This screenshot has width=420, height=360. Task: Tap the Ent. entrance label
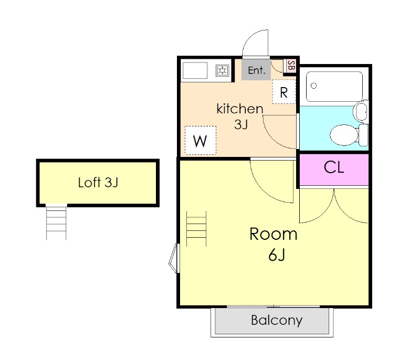click(256, 70)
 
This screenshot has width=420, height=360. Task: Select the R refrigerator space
click(284, 92)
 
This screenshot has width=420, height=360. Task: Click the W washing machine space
click(201, 141)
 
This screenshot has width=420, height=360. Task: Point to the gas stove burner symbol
click(223, 71)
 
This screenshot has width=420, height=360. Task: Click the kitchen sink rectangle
click(195, 71)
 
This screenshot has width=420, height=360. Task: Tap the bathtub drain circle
click(313, 86)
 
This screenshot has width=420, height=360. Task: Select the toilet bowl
click(344, 135)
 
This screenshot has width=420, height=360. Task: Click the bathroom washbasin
click(361, 111)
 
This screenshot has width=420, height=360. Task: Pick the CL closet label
click(334, 167)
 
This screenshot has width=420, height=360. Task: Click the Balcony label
click(277, 320)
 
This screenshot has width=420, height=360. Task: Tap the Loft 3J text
click(98, 183)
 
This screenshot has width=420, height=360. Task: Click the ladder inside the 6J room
click(196, 229)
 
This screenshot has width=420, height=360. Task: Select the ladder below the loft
click(56, 223)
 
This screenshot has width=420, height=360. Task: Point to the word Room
click(273, 234)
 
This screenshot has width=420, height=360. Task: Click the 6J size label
click(277, 255)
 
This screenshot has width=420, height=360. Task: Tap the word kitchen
click(240, 109)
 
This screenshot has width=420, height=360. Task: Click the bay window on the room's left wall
click(173, 258)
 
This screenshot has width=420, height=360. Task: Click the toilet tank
click(363, 135)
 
